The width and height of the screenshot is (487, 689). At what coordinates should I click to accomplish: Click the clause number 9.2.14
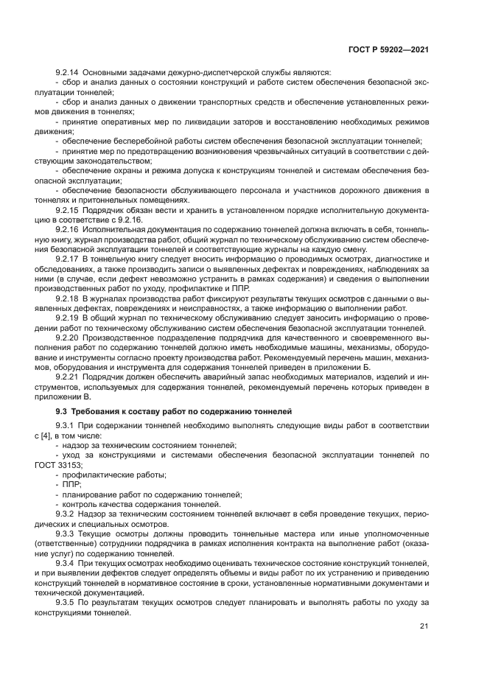coord(68,71)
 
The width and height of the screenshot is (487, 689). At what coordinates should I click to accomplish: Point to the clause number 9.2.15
coord(68,211)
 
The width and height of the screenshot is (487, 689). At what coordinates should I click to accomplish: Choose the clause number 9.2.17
coord(68,260)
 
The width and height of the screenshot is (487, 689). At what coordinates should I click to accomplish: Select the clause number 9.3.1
coord(66,427)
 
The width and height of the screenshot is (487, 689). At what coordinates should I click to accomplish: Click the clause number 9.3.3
coord(66,532)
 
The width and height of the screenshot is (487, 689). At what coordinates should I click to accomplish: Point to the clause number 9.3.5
coord(66,601)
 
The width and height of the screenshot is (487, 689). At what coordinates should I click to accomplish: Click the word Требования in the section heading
coord(97,410)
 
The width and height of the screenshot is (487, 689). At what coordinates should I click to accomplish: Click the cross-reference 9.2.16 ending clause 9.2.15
coord(130,220)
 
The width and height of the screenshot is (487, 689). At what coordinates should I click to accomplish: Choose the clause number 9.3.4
coord(66,562)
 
